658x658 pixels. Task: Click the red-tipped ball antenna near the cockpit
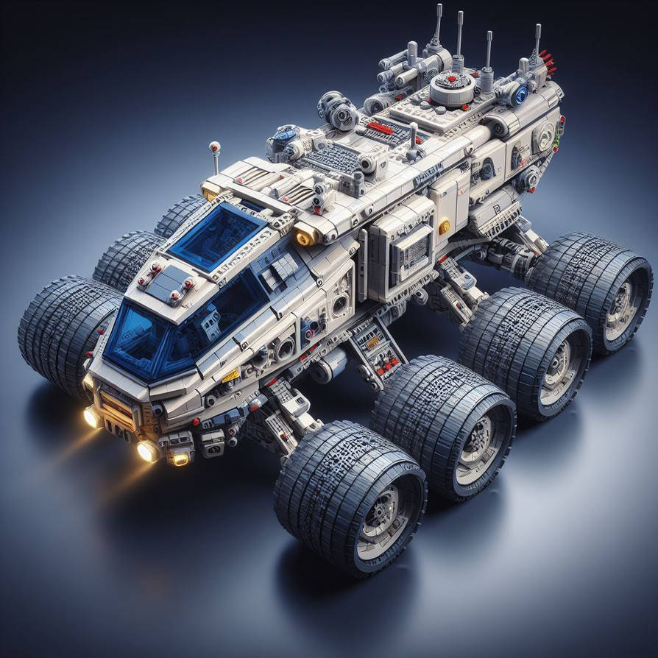tap(214, 148)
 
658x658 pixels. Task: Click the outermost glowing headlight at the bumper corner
tap(92, 417)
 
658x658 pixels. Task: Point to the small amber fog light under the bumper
tap(179, 459)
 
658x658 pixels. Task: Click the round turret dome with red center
tap(450, 88)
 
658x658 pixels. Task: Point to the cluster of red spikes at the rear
tap(546, 63)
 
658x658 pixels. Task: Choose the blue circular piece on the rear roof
tap(521, 94)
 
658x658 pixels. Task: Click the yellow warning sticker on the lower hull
tap(230, 376)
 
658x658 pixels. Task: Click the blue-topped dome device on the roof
tap(285, 135)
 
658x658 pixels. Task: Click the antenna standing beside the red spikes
tap(537, 44)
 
